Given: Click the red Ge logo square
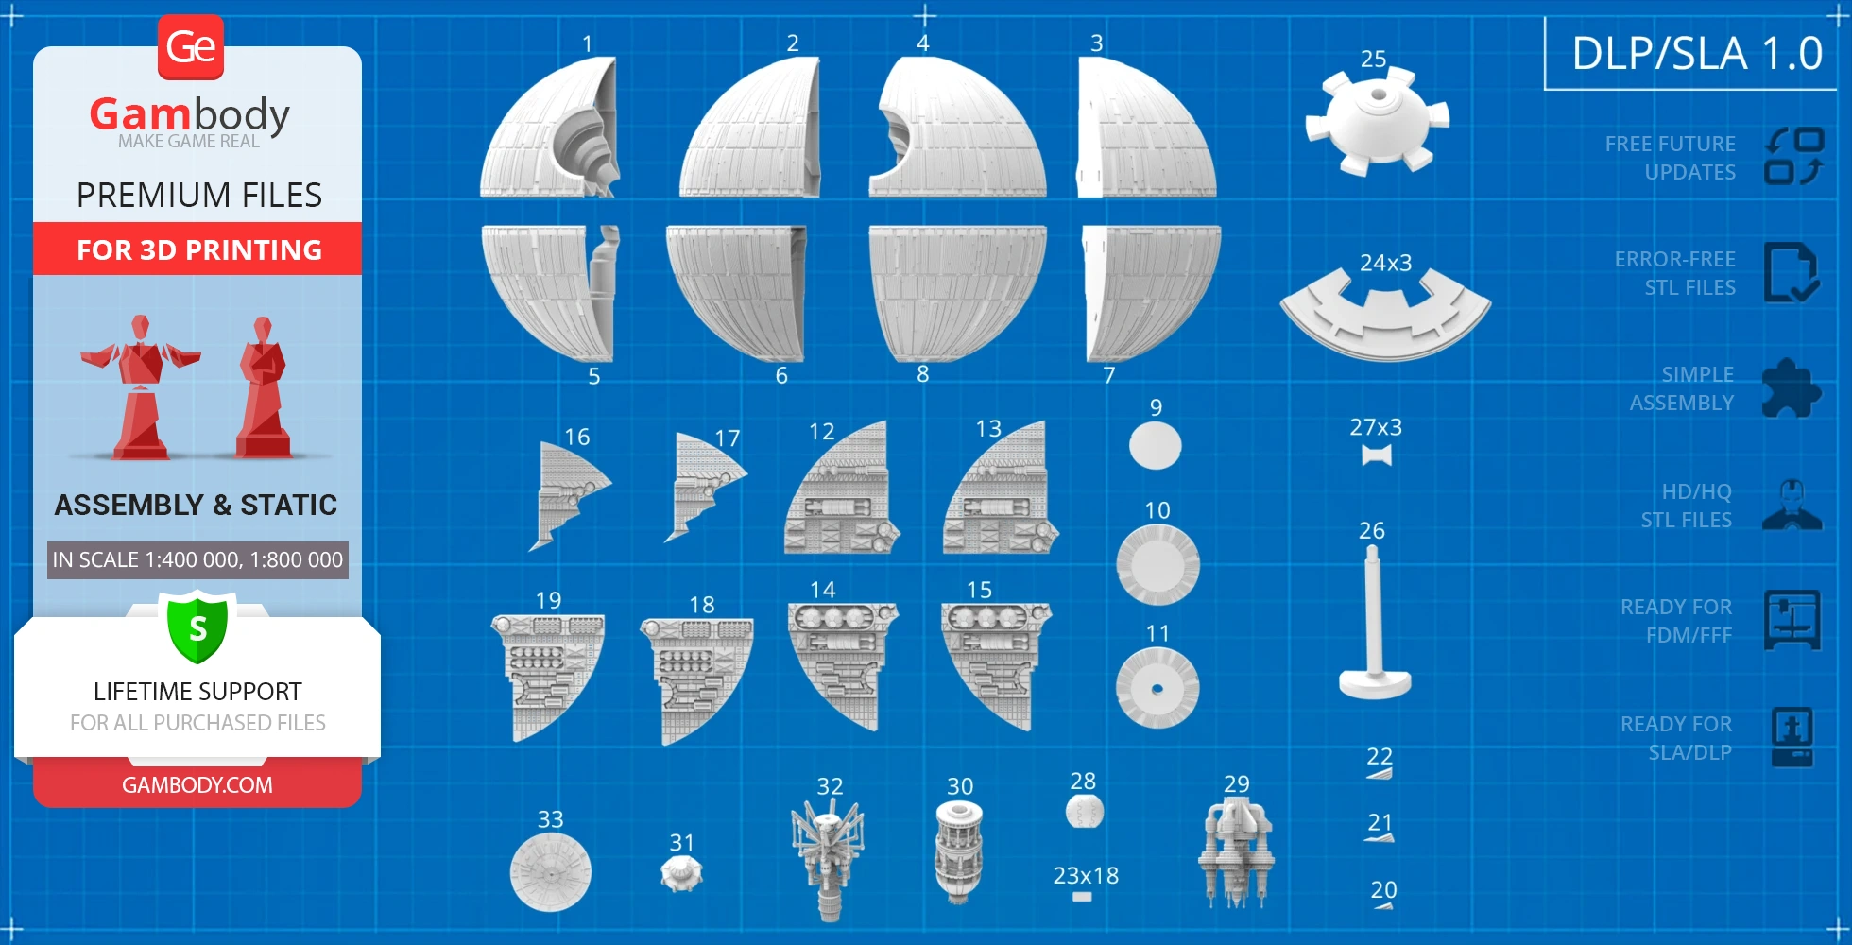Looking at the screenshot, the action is coord(191,47).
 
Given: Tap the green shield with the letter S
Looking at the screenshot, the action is coord(197,627).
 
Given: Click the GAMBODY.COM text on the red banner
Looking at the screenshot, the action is coord(197,785).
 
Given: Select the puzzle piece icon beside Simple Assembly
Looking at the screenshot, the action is coord(1791,388).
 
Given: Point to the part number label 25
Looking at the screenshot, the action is coord(1373,60).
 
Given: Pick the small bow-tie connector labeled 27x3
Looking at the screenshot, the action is coord(1377,455).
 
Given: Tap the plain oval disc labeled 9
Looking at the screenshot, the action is coord(1156,445).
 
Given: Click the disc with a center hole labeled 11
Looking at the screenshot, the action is coord(1157,688).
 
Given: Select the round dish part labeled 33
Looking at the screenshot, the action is coord(551,872).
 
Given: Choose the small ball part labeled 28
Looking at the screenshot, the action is coord(1085,811).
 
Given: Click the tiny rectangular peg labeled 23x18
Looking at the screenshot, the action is coord(1083,897).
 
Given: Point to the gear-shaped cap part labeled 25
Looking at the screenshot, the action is coord(1377,121).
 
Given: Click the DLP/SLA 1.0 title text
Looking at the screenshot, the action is coord(1697,54).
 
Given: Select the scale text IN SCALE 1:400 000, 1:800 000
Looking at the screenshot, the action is coord(197,560).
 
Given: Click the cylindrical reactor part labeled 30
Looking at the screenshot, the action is coord(959,851).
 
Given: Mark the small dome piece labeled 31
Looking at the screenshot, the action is coord(681,874).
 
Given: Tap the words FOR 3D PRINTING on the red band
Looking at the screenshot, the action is coord(199,250).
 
